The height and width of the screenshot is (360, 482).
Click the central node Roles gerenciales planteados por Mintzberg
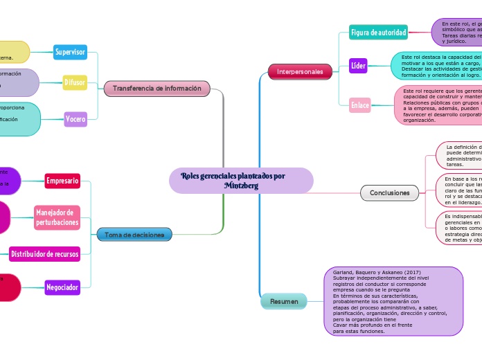click(241, 181)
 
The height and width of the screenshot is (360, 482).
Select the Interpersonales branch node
click(300, 71)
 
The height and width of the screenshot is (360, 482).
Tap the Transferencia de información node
click(157, 89)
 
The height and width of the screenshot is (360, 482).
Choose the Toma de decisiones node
click(134, 235)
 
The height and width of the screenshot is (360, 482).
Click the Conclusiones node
click(389, 192)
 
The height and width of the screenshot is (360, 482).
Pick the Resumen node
click(284, 302)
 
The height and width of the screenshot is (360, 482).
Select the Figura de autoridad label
click(378, 33)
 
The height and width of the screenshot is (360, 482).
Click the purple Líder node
click(358, 66)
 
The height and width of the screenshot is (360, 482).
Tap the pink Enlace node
click(359, 105)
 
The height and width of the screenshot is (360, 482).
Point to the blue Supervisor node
click(70, 52)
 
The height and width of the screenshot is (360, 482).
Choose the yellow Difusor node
click(74, 82)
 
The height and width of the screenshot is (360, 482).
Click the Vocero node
click(75, 119)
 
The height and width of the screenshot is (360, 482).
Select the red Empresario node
click(62, 181)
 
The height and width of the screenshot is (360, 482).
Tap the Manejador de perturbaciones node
click(57, 217)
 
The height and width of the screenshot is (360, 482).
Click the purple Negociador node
click(62, 287)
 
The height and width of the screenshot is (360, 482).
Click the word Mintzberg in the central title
click(241, 186)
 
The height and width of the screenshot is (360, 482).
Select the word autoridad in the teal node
click(387, 33)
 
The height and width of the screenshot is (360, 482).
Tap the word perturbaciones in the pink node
click(57, 222)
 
